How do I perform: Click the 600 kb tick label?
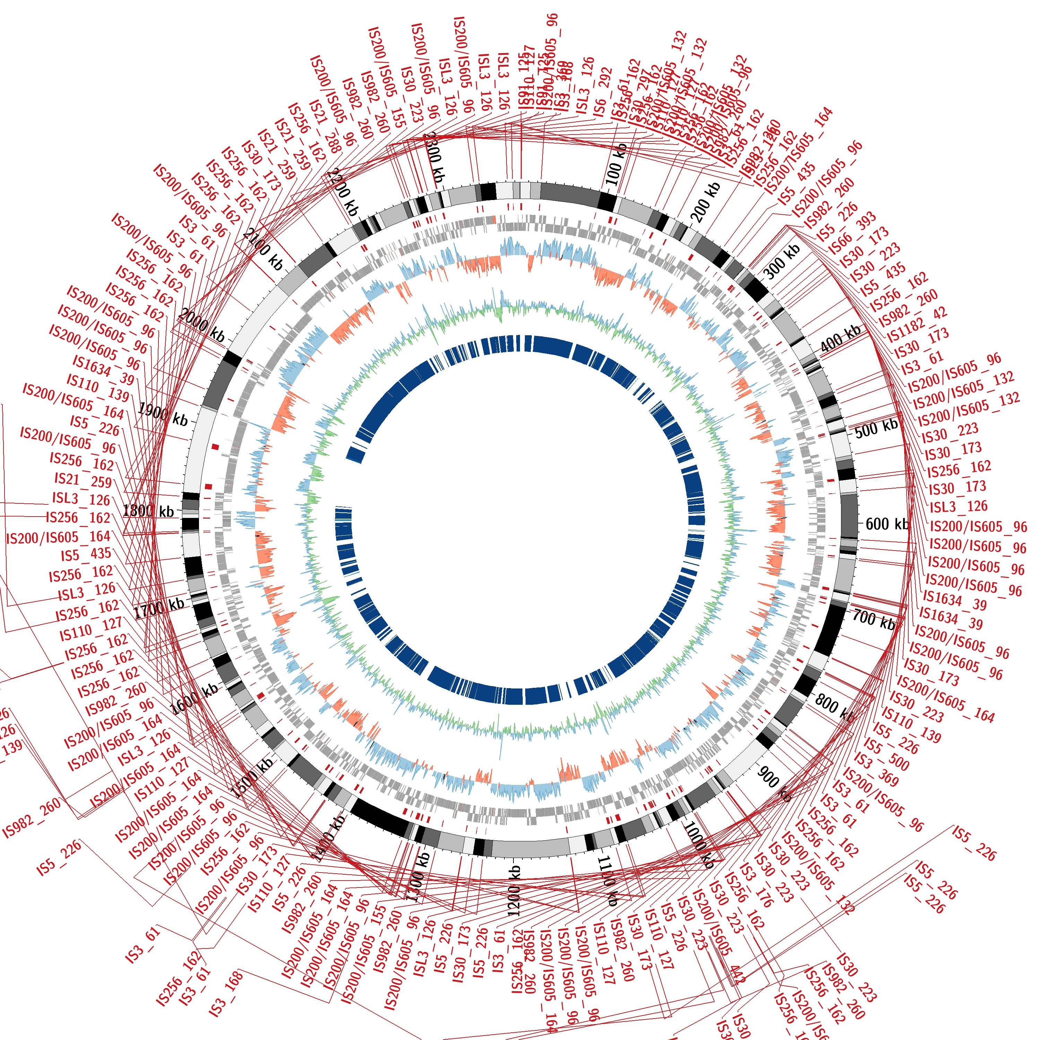pyautogui.click(x=886, y=524)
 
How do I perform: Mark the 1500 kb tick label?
pyautogui.click(x=251, y=778)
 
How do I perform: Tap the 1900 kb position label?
pyautogui.click(x=163, y=415)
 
